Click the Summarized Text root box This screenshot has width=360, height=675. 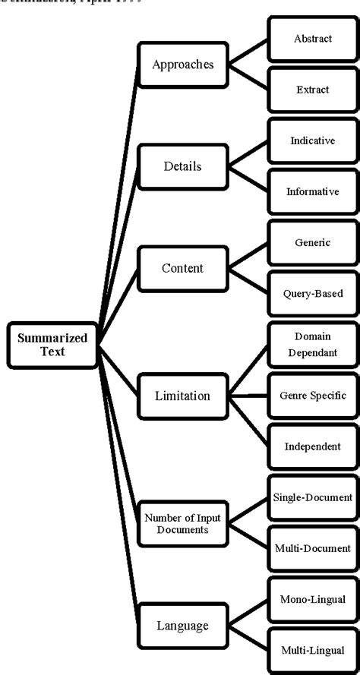coord(52,345)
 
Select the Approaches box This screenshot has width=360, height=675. coord(182,65)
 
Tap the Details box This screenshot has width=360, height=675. coord(182,166)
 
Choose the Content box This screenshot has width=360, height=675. coord(182,268)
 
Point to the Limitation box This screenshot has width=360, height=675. coord(182,396)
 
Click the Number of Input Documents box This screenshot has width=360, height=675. coord(182,523)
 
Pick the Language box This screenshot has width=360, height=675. coord(182,625)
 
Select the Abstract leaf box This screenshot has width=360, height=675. coord(313,39)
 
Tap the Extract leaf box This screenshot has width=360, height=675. coord(313,90)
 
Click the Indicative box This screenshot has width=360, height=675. coord(313,140)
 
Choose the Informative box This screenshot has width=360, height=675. coord(313,191)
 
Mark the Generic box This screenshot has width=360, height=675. coord(313,242)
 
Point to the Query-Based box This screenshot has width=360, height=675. coord(313,293)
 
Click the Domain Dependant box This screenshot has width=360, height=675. coord(313,344)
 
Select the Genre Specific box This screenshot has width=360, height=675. coord(313,396)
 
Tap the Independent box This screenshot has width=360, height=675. coord(313,446)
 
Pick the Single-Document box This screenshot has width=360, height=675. coord(313,497)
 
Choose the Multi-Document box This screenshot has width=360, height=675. coord(313,548)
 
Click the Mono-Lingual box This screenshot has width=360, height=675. coord(313,599)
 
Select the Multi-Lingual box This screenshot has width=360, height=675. coord(313,650)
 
